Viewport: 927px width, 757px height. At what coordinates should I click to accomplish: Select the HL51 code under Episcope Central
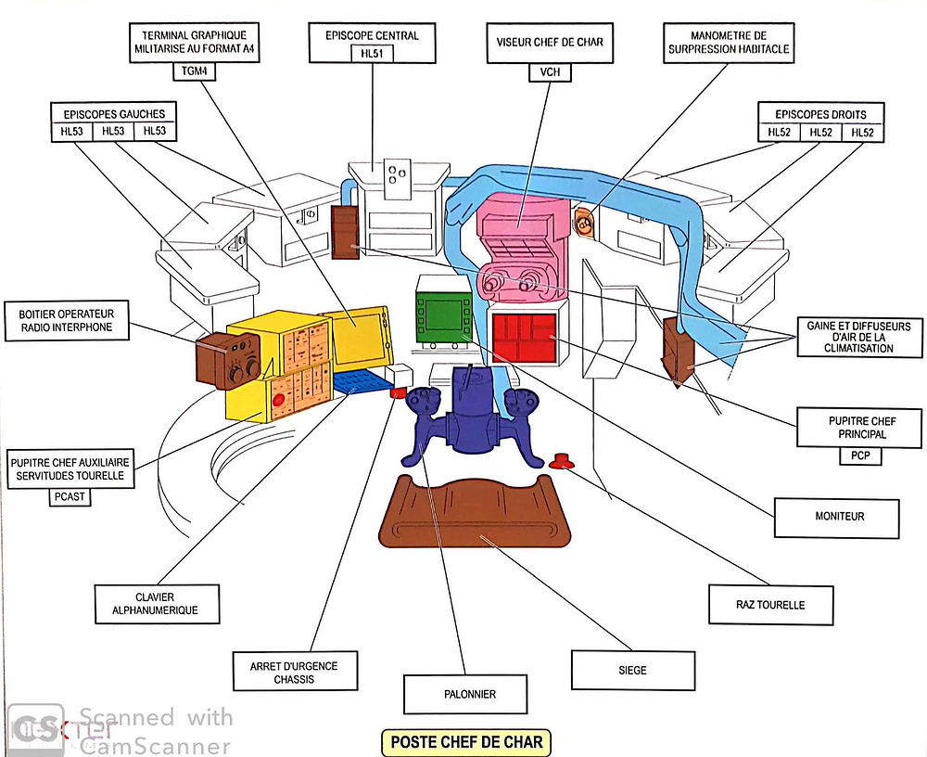pyautogui.click(x=372, y=55)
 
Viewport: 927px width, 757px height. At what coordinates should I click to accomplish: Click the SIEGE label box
pyautogui.click(x=632, y=670)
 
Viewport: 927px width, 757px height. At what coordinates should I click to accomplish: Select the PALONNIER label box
pyautogui.click(x=463, y=694)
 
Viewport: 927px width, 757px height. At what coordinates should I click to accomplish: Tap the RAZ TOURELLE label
pyautogui.click(x=770, y=605)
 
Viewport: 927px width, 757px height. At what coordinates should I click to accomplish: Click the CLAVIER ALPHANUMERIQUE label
pyautogui.click(x=157, y=603)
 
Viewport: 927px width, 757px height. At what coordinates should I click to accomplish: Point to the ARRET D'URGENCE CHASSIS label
pyautogui.click(x=294, y=673)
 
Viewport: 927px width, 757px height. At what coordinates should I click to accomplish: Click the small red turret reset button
pyautogui.click(x=561, y=459)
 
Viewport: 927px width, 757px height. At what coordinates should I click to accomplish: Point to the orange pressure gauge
pyautogui.click(x=585, y=223)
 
